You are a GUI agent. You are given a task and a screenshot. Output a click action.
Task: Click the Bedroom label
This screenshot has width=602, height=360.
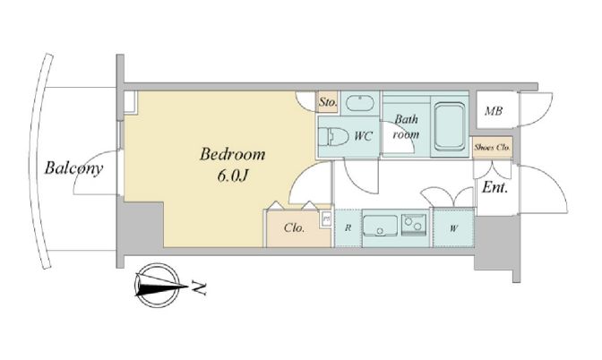point(232,154)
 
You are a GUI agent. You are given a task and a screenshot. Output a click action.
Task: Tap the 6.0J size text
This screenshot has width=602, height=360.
point(232,176)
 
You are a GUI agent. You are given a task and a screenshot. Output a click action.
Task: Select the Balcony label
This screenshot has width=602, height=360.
point(73,168)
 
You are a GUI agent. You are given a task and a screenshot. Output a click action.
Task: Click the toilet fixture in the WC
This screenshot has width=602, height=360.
point(333,136)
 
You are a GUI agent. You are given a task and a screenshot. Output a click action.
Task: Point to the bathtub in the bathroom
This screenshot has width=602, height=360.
point(449,125)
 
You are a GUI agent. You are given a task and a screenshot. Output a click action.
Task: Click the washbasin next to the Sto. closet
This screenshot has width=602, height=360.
point(360,103)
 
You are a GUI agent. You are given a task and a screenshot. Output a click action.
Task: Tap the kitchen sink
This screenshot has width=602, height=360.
point(380,227)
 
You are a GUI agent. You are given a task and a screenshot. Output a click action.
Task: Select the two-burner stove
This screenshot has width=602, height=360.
point(414,223)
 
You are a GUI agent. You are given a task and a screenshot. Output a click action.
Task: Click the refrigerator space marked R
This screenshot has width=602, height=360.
point(348,227)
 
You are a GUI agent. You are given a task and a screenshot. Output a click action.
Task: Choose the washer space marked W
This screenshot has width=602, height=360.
point(453,228)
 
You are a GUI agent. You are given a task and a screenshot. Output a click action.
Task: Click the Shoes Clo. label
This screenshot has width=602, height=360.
point(492,147)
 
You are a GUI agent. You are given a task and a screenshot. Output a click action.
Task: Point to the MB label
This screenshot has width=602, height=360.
point(494,111)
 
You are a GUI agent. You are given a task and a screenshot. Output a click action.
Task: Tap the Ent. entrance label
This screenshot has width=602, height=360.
point(494,187)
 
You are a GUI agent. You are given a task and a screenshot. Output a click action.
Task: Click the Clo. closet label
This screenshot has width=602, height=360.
point(295,228)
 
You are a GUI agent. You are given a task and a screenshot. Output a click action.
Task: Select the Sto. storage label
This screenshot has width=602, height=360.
point(328,102)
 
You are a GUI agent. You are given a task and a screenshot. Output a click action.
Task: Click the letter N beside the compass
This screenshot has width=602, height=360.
point(199,287)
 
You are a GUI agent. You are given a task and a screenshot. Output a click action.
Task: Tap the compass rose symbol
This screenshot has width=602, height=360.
point(157,285)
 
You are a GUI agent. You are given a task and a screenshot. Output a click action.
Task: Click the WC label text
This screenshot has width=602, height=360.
point(363,136)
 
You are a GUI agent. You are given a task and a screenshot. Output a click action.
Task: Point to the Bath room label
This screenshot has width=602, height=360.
point(406,126)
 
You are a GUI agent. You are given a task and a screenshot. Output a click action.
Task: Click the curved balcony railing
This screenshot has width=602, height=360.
point(35,161)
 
